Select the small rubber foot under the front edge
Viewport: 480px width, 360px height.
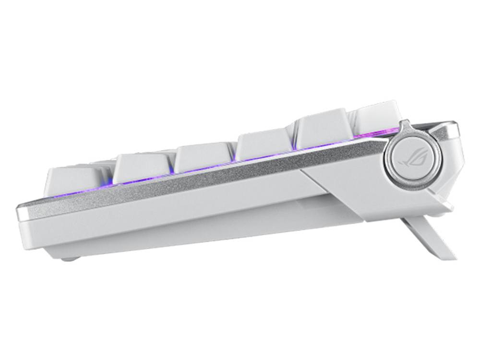click(x=70, y=259)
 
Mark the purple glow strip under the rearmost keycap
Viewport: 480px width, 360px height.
click(x=377, y=132)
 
